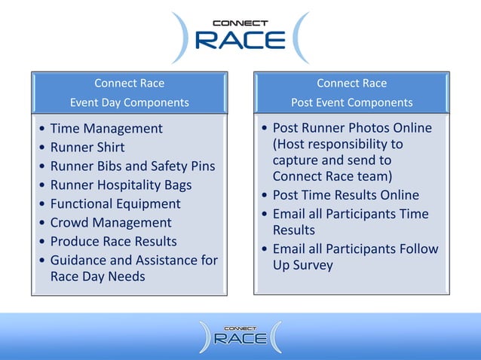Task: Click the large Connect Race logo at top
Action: pyautogui.click(x=240, y=37)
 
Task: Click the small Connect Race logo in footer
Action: pyautogui.click(x=240, y=336)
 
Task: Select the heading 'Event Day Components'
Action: pyautogui.click(x=129, y=102)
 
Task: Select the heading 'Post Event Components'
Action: pyautogui.click(x=352, y=102)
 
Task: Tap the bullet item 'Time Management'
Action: pyautogui.click(x=106, y=129)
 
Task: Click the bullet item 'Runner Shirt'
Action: pyautogui.click(x=87, y=148)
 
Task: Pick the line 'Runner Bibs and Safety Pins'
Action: pyautogui.click(x=132, y=166)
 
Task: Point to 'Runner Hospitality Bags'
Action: pyautogui.click(x=121, y=185)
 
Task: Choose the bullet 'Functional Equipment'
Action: pyautogui.click(x=115, y=204)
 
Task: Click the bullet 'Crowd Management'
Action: pyautogui.click(x=111, y=223)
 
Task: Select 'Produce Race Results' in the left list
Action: pyautogui.click(x=113, y=242)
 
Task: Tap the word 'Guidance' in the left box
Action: pyautogui.click(x=78, y=261)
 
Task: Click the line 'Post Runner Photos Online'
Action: pyautogui.click(x=351, y=128)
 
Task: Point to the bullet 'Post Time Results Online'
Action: pyautogui.click(x=345, y=195)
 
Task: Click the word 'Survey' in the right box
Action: pyautogui.click(x=312, y=265)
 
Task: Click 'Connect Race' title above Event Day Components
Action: pyautogui.click(x=129, y=83)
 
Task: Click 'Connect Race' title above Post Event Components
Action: pyautogui.click(x=352, y=83)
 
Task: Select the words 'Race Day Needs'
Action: pyautogui.click(x=97, y=276)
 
